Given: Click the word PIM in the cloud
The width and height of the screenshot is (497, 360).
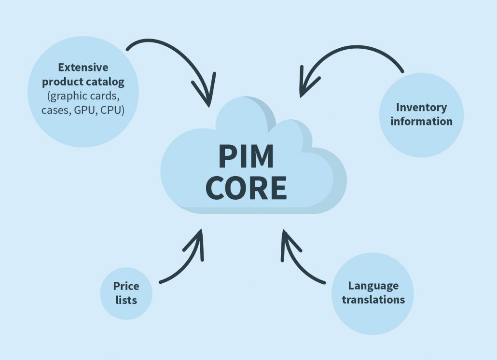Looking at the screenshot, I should (246, 155).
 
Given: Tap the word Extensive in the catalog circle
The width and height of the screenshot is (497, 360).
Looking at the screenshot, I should (83, 67).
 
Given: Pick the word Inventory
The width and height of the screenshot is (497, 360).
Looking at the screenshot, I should (421, 107).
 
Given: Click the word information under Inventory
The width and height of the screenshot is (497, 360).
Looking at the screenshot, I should (421, 121).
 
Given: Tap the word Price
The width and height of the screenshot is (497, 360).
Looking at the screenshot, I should (126, 286).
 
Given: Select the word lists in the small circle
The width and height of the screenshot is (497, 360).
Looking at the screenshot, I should (126, 300).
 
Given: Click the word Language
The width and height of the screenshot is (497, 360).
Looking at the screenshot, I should (373, 285).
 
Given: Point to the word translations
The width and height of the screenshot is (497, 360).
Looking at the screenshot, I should (373, 299).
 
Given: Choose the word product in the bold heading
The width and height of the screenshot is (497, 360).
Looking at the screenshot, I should (66, 82).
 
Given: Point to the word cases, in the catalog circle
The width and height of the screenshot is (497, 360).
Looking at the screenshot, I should (56, 111).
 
